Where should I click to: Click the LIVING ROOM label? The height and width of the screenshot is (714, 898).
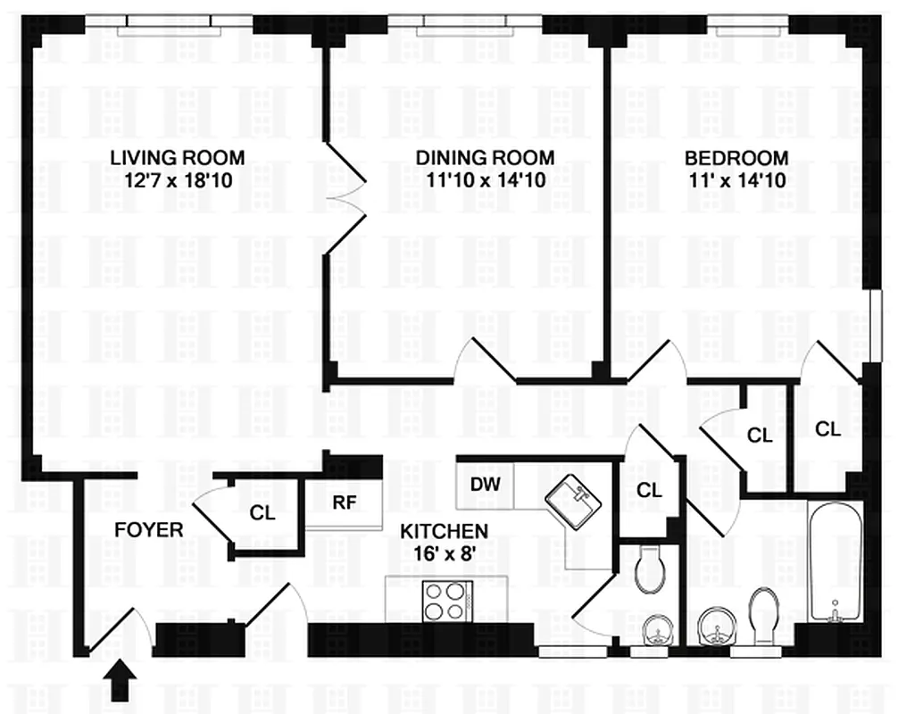(177, 158)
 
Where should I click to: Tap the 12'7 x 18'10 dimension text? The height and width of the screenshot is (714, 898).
(177, 179)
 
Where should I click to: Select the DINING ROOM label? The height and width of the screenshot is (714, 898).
(485, 158)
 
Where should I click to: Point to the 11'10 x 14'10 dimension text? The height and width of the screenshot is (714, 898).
(485, 179)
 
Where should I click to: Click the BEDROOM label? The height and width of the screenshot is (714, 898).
(736, 158)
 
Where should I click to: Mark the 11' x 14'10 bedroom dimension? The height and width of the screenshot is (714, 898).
(736, 179)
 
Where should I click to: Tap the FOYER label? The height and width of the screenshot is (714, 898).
(149, 530)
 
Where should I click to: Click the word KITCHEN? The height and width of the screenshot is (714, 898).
(443, 531)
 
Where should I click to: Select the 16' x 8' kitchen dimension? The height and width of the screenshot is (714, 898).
(443, 552)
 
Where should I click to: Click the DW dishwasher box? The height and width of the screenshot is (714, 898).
(485, 485)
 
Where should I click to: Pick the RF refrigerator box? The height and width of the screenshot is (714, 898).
(345, 502)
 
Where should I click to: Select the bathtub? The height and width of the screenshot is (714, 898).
(835, 562)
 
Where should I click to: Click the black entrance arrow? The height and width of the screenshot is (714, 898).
(121, 683)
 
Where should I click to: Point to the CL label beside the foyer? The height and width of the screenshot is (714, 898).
(262, 514)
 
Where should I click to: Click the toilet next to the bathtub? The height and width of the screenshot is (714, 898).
(764, 616)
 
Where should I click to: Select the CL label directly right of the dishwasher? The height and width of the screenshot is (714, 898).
(649, 490)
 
